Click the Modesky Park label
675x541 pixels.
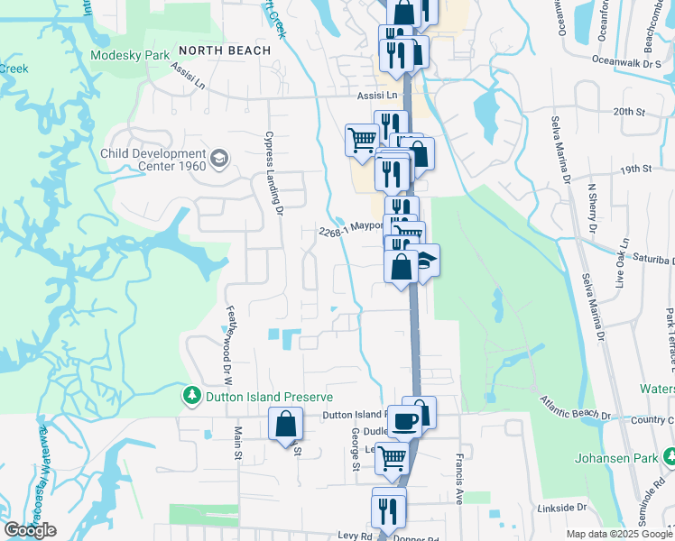point(130,55)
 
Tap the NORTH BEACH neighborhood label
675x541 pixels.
point(225,50)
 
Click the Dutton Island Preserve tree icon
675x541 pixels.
point(191,396)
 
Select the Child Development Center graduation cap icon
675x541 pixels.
point(218,160)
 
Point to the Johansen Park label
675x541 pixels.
point(624,456)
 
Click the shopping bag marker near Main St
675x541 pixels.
point(285,424)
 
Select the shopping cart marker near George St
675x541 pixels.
point(392,458)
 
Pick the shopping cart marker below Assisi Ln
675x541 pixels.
point(362,141)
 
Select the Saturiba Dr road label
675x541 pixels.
point(645,255)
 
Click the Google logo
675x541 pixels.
point(30,530)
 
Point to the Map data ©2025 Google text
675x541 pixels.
point(619,534)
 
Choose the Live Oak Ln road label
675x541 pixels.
point(621,263)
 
